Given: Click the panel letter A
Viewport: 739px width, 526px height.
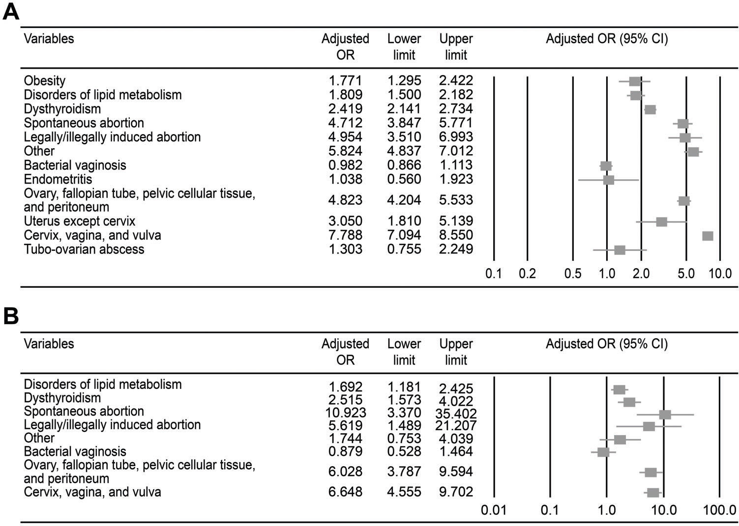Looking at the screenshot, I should pyautogui.click(x=11, y=11).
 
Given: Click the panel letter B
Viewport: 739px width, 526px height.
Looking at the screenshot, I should pyautogui.click(x=11, y=317).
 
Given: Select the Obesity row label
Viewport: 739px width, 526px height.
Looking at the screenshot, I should pyautogui.click(x=45, y=81).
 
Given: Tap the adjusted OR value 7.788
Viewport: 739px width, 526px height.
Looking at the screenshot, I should pyautogui.click(x=345, y=235).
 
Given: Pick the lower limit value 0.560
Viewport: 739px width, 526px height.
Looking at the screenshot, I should pyautogui.click(x=404, y=179).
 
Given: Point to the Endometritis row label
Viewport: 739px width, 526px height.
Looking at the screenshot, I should pyautogui.click(x=58, y=179).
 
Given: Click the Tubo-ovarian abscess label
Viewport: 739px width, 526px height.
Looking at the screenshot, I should pyautogui.click(x=84, y=249).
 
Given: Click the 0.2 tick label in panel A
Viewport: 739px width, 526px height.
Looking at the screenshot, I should pyautogui.click(x=527, y=274).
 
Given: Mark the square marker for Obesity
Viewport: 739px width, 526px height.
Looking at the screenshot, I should pyautogui.click(x=635, y=82).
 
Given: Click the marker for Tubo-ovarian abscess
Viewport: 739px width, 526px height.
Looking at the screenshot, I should pyautogui.click(x=620, y=250).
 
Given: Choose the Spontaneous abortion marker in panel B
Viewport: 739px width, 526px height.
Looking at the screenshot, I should pyautogui.click(x=665, y=415).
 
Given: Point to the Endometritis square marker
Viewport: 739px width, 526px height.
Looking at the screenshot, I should pyautogui.click(x=608, y=180).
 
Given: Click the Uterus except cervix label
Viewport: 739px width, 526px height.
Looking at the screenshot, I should pyautogui.click(x=80, y=221).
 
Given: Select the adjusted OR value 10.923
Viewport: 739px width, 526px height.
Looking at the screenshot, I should pyautogui.click(x=345, y=412).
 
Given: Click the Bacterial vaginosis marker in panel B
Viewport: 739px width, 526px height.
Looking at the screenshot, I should pyautogui.click(x=603, y=452).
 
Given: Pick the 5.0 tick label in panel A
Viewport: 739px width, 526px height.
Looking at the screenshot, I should pyautogui.click(x=686, y=274).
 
